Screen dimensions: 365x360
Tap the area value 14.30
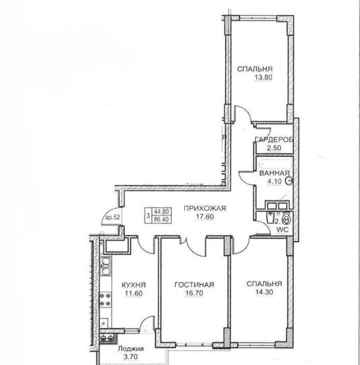point(263,293)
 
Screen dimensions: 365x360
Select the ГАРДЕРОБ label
point(274,140)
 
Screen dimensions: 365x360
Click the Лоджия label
point(130,349)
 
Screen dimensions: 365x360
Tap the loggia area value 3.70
point(130,357)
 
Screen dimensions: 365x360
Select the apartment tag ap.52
point(113,218)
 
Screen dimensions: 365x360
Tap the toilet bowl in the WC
point(286,220)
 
